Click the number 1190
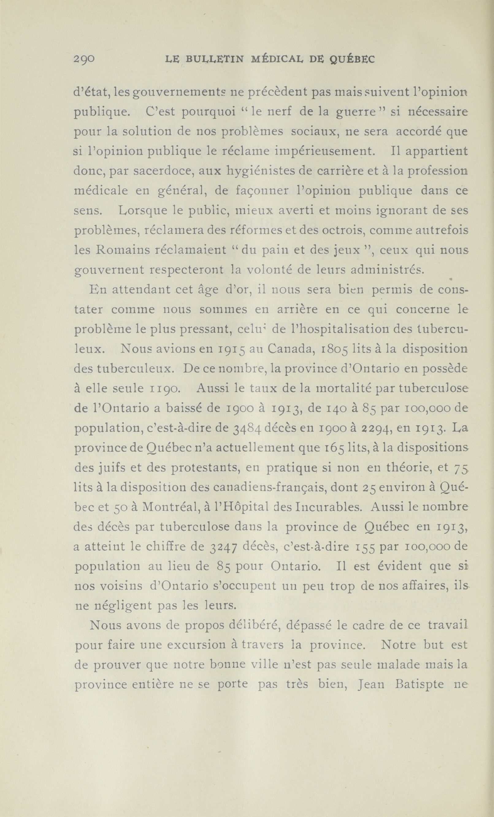[164, 389]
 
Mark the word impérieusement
[324, 151]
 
